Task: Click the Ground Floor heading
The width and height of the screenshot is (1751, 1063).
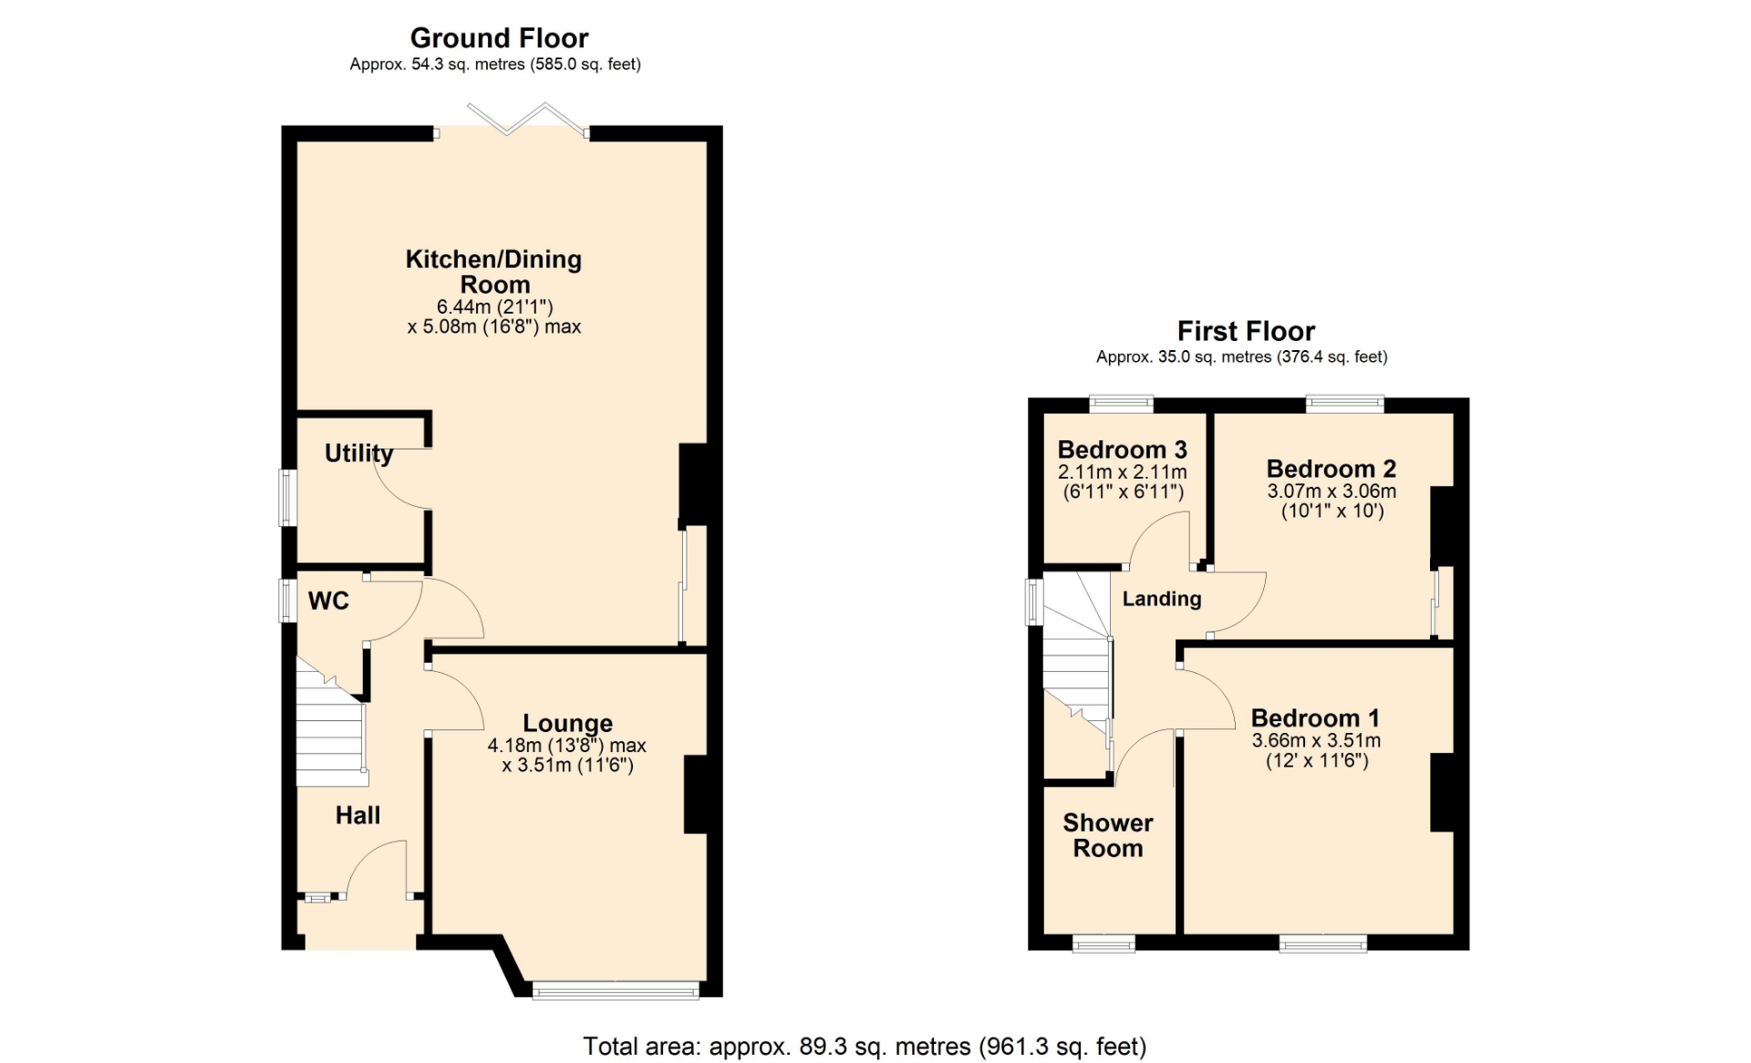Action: tap(499, 38)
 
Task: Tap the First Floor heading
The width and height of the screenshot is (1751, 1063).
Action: tap(1246, 331)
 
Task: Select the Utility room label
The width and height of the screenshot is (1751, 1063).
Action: tap(359, 454)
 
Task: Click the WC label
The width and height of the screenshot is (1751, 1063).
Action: tap(328, 601)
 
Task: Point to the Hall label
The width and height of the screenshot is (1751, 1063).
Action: tap(357, 815)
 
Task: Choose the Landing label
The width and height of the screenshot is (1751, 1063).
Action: tap(1162, 599)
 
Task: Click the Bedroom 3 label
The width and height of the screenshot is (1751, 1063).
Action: tap(1122, 449)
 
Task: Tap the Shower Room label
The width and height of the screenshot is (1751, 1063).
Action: tap(1108, 835)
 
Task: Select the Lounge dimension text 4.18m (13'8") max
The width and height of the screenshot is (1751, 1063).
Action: tap(566, 746)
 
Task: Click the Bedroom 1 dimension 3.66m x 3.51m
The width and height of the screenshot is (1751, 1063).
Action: tap(1316, 741)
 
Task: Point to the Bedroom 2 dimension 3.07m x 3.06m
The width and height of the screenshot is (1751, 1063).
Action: tap(1331, 491)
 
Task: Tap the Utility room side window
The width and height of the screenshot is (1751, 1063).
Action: tap(287, 498)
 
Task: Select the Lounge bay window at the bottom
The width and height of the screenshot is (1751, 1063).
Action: tap(616, 989)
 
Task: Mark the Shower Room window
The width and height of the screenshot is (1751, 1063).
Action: tap(1103, 944)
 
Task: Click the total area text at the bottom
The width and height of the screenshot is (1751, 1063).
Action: tap(865, 1047)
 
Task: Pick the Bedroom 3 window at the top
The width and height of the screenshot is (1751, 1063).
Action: tap(1122, 405)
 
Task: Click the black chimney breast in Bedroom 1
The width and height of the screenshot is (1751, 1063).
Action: tap(1442, 792)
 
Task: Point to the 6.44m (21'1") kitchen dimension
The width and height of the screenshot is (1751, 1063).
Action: tap(494, 307)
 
